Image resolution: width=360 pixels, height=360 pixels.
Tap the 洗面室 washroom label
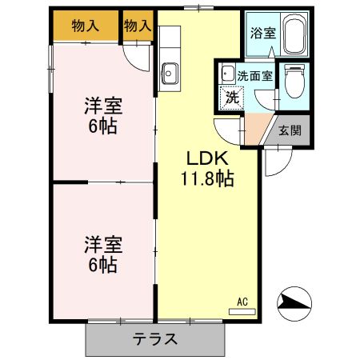pos(255,77)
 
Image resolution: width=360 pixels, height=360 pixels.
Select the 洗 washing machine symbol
pos(231,98)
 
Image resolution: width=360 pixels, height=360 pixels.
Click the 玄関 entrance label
pos(290,130)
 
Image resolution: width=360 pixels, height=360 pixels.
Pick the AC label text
pos(243,302)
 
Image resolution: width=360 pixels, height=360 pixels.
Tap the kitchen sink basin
pos(170,74)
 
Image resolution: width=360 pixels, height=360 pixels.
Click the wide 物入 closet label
pos(85,26)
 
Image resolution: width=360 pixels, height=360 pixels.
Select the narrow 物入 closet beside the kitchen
pos(138,26)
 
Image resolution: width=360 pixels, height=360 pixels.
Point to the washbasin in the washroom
pos(227,73)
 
